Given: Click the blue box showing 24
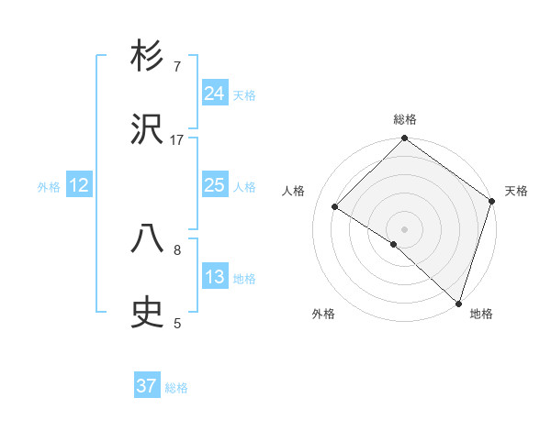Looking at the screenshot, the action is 214,94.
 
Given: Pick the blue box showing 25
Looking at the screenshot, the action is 214,185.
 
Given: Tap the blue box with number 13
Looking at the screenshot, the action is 214,277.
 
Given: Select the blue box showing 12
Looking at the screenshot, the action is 79,185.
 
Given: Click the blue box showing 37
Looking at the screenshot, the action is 147,386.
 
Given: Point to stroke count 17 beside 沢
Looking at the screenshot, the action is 177,139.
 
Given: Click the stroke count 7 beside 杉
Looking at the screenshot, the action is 177,66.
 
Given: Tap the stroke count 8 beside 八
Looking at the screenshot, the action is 177,249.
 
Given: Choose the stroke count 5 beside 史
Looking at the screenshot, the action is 177,323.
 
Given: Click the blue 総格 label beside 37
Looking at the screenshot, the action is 176,388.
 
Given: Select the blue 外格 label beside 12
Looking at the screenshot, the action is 49,187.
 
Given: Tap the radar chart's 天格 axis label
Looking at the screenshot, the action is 516,191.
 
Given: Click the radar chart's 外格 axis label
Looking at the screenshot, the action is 322,314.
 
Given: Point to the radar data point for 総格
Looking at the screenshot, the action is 404,139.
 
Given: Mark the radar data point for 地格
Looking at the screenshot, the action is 458,303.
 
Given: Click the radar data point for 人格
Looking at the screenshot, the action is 336,207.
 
